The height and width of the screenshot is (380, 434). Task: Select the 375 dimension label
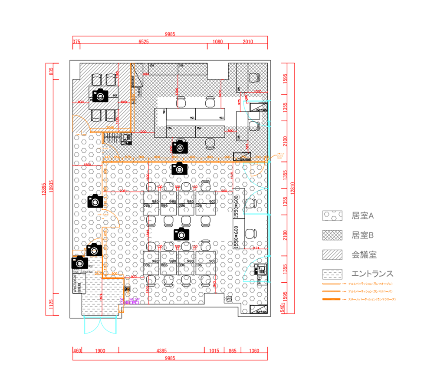click(x=76, y=42)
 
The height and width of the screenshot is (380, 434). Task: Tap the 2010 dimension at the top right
click(x=248, y=42)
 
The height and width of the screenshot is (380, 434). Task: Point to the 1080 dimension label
click(x=218, y=42)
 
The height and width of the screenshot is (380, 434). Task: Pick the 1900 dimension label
click(x=100, y=351)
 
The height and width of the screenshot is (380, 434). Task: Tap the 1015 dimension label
click(x=214, y=351)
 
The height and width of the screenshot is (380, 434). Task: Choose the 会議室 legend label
click(x=365, y=254)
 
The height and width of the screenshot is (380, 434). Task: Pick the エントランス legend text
click(x=372, y=274)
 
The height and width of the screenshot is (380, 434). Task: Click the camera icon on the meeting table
click(x=100, y=95)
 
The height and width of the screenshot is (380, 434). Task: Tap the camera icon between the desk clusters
click(x=181, y=234)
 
